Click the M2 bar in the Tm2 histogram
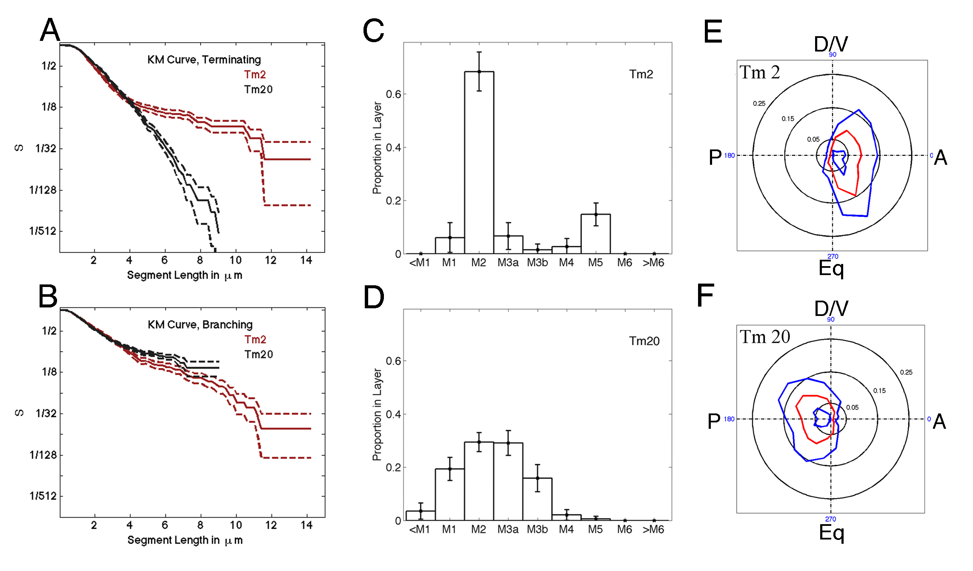(x=479, y=162)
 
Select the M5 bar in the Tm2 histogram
(x=595, y=234)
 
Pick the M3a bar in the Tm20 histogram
(x=508, y=481)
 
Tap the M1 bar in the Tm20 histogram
(x=449, y=494)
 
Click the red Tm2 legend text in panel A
(x=255, y=75)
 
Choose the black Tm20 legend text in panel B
(x=258, y=354)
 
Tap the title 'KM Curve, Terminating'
(x=204, y=60)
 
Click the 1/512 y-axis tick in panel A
(x=43, y=231)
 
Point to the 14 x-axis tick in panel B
(x=306, y=525)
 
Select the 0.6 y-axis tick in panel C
(x=393, y=94)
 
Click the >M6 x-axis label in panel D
(x=653, y=529)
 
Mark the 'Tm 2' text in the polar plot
(x=759, y=72)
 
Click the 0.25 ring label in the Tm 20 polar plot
(x=906, y=372)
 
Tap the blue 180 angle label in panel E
(x=729, y=155)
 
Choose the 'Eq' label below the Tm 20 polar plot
(x=831, y=532)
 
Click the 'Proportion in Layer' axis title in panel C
(x=377, y=147)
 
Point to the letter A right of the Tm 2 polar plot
(x=940, y=158)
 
